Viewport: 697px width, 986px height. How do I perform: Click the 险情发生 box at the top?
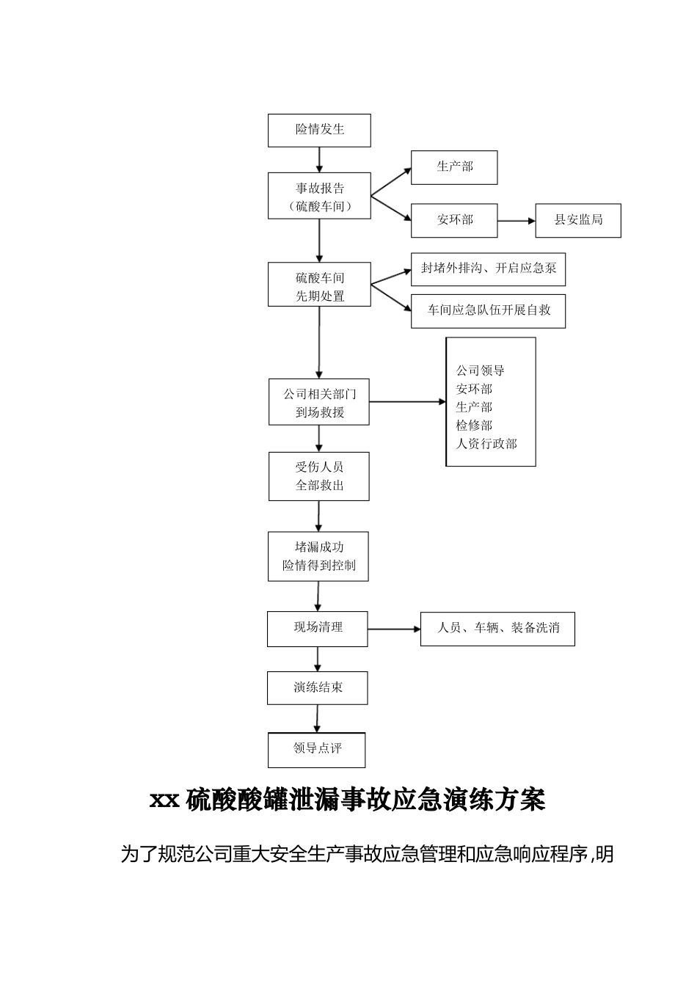click(x=319, y=130)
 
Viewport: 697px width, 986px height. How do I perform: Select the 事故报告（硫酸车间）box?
click(x=319, y=196)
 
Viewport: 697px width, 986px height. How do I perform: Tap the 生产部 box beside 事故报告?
click(x=454, y=167)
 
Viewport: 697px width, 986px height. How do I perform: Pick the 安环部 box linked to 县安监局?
click(x=454, y=220)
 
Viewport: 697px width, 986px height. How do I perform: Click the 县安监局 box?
click(x=577, y=220)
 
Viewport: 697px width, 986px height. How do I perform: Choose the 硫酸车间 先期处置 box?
click(x=319, y=285)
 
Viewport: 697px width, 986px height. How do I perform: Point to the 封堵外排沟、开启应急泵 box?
click(x=488, y=269)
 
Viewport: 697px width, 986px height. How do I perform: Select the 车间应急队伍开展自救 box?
click(x=488, y=310)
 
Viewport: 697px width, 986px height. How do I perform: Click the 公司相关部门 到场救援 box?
click(x=319, y=402)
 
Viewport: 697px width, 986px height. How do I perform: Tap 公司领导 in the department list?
click(x=481, y=370)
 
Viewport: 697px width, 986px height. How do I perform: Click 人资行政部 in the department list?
click(x=486, y=444)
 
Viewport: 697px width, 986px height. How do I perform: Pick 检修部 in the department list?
click(x=474, y=426)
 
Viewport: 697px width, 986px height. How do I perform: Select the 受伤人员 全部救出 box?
click(x=319, y=476)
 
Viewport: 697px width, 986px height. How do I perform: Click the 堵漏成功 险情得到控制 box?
click(x=318, y=556)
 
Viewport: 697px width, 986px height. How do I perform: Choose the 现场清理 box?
click(x=318, y=628)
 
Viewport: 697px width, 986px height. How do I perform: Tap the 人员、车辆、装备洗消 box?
click(x=497, y=629)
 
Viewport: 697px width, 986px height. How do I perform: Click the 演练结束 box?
click(x=318, y=688)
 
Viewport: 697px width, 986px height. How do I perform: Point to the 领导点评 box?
click(x=317, y=749)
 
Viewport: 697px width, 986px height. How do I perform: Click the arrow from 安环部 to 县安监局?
click(x=517, y=220)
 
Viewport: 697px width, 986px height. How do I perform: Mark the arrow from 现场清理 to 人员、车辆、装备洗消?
click(x=394, y=629)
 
